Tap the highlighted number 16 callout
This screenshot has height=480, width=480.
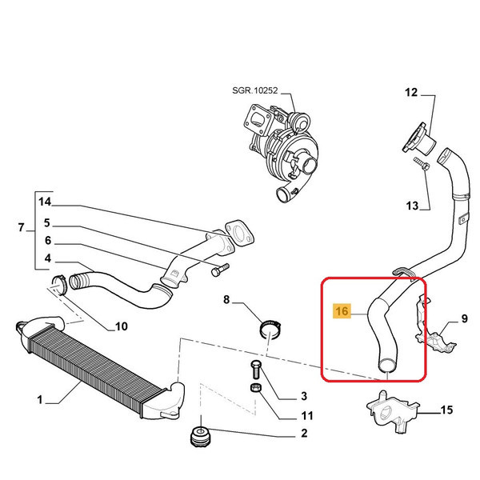pyautogui.click(x=342, y=310)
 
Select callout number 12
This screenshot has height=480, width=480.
pyautogui.click(x=410, y=94)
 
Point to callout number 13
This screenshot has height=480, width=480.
pyautogui.click(x=412, y=206)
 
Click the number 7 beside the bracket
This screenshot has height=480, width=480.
pyautogui.click(x=22, y=230)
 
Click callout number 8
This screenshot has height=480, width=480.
pyautogui.click(x=226, y=300)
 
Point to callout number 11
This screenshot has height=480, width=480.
pyautogui.click(x=307, y=415)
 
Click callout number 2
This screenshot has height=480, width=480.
pyautogui.click(x=304, y=435)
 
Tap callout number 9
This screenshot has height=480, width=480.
pyautogui.click(x=463, y=321)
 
